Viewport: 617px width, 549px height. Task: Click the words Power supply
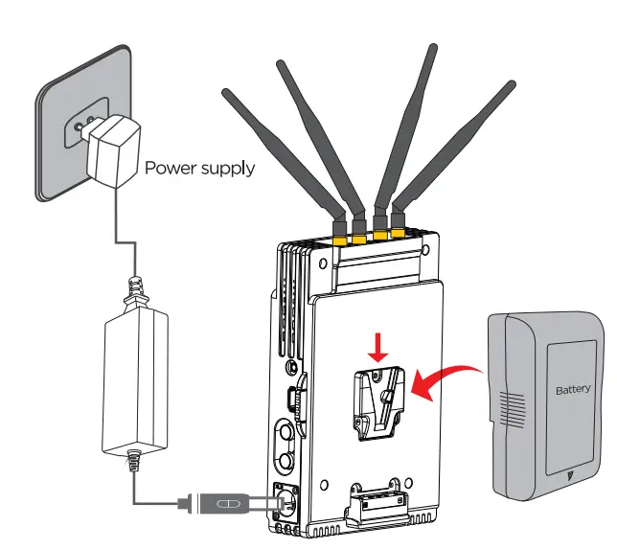point(199,169)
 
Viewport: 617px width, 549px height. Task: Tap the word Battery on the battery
point(573,391)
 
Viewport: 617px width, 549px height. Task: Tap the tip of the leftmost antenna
point(226,94)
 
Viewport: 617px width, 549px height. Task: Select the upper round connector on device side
point(285,428)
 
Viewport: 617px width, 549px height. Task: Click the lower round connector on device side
point(285,462)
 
